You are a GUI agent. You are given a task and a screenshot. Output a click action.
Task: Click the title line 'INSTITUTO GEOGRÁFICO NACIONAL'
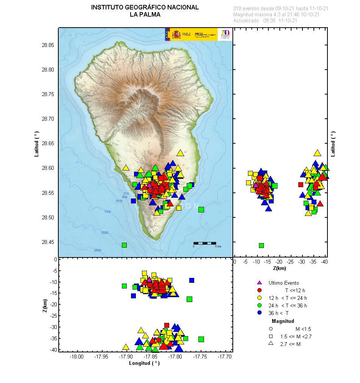click(x=145, y=8)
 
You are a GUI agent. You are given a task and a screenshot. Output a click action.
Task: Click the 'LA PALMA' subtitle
click(x=145, y=15)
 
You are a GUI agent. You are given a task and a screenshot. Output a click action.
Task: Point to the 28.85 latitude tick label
click(x=48, y=45)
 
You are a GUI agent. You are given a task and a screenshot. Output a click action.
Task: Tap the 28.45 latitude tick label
click(x=48, y=242)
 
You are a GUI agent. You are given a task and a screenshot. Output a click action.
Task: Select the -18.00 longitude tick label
click(x=77, y=357)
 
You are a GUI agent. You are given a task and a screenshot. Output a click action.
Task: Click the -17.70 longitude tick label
click(x=225, y=357)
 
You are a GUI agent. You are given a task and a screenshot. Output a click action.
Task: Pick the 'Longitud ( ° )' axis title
click(x=144, y=363)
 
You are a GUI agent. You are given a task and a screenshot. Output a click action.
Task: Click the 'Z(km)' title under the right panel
click(x=279, y=268)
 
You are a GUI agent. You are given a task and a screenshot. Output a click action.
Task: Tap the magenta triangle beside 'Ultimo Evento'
click(x=259, y=283)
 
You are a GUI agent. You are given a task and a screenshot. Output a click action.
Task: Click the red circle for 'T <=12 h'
click(x=259, y=290)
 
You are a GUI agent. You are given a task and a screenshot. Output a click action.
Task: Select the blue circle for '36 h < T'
click(x=259, y=313)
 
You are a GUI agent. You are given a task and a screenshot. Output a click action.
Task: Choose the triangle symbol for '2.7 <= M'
click(x=271, y=344)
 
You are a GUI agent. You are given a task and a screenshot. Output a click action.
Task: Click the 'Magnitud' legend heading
click(x=283, y=321)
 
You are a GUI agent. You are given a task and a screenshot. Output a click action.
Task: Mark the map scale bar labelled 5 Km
click(x=205, y=243)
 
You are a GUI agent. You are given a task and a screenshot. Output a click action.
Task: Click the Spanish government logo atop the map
click(x=191, y=34)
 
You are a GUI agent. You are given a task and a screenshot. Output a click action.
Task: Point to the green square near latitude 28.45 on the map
click(x=124, y=245)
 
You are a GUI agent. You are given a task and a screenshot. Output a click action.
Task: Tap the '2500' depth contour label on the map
click(x=98, y=250)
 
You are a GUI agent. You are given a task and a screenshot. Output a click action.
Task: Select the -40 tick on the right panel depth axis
click(x=324, y=262)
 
